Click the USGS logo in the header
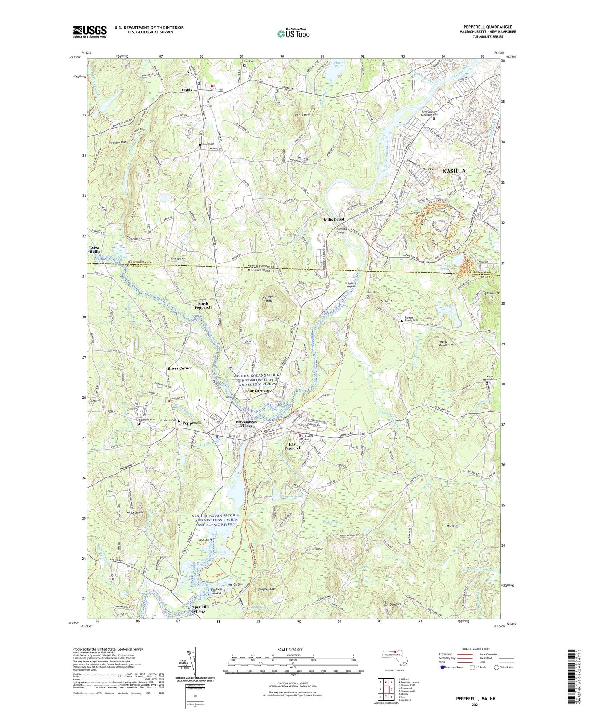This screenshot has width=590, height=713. pos(90,31)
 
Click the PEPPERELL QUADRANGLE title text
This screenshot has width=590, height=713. pos(488,27)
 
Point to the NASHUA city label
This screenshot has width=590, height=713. pos(454,171)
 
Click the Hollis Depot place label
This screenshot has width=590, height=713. pos(333,219)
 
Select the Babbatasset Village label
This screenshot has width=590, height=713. pos(246,423)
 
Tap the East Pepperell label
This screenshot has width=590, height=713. pos(292,446)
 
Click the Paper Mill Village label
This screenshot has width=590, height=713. pos(200,609)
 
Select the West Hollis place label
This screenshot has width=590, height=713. pos(95,250)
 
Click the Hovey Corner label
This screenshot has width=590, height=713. pos(179,368)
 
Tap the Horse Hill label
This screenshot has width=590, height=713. pos(453,526)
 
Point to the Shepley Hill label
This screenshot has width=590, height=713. pos(267,589)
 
